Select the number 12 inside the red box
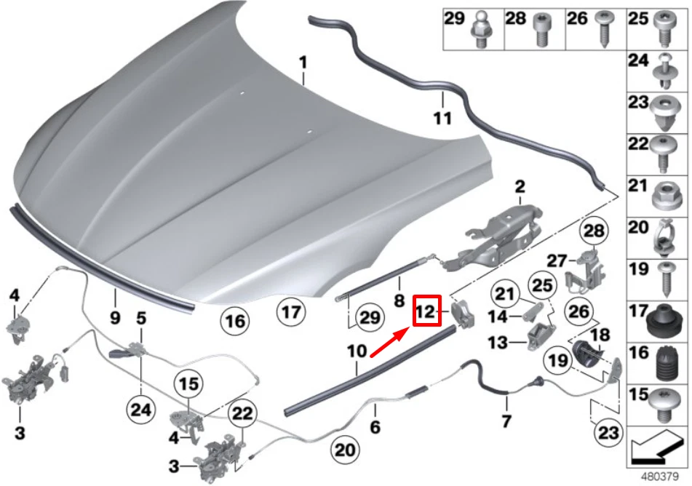click(x=425, y=313)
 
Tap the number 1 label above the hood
click(x=303, y=63)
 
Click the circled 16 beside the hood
click(x=236, y=319)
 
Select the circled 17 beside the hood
click(x=290, y=314)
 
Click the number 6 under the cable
click(x=375, y=429)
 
